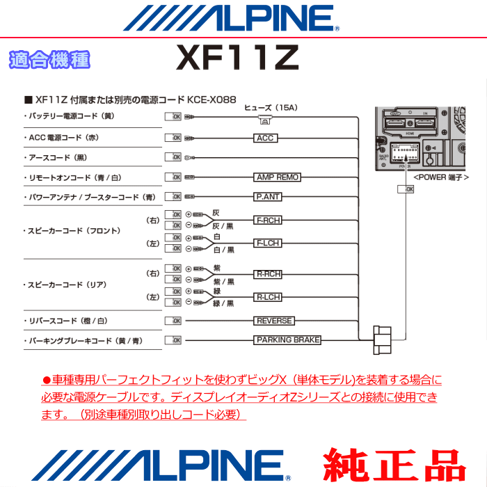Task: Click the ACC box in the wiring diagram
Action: click(x=265, y=138)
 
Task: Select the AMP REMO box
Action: click(x=277, y=177)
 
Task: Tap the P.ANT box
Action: click(x=268, y=197)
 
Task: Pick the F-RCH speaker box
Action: click(x=268, y=221)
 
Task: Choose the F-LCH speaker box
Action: click(x=268, y=243)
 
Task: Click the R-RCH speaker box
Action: click(x=268, y=274)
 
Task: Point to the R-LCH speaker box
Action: click(x=268, y=297)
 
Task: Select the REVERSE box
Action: click(x=274, y=321)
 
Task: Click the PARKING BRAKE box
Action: click(x=287, y=340)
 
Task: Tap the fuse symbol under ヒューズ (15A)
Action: click(x=265, y=120)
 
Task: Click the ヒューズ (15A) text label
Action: click(x=271, y=108)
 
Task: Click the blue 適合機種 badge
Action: click(x=49, y=61)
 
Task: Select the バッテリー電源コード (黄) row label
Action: click(x=69, y=116)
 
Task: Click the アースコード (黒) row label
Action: click(x=55, y=158)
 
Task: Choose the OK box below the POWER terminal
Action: click(x=405, y=189)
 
